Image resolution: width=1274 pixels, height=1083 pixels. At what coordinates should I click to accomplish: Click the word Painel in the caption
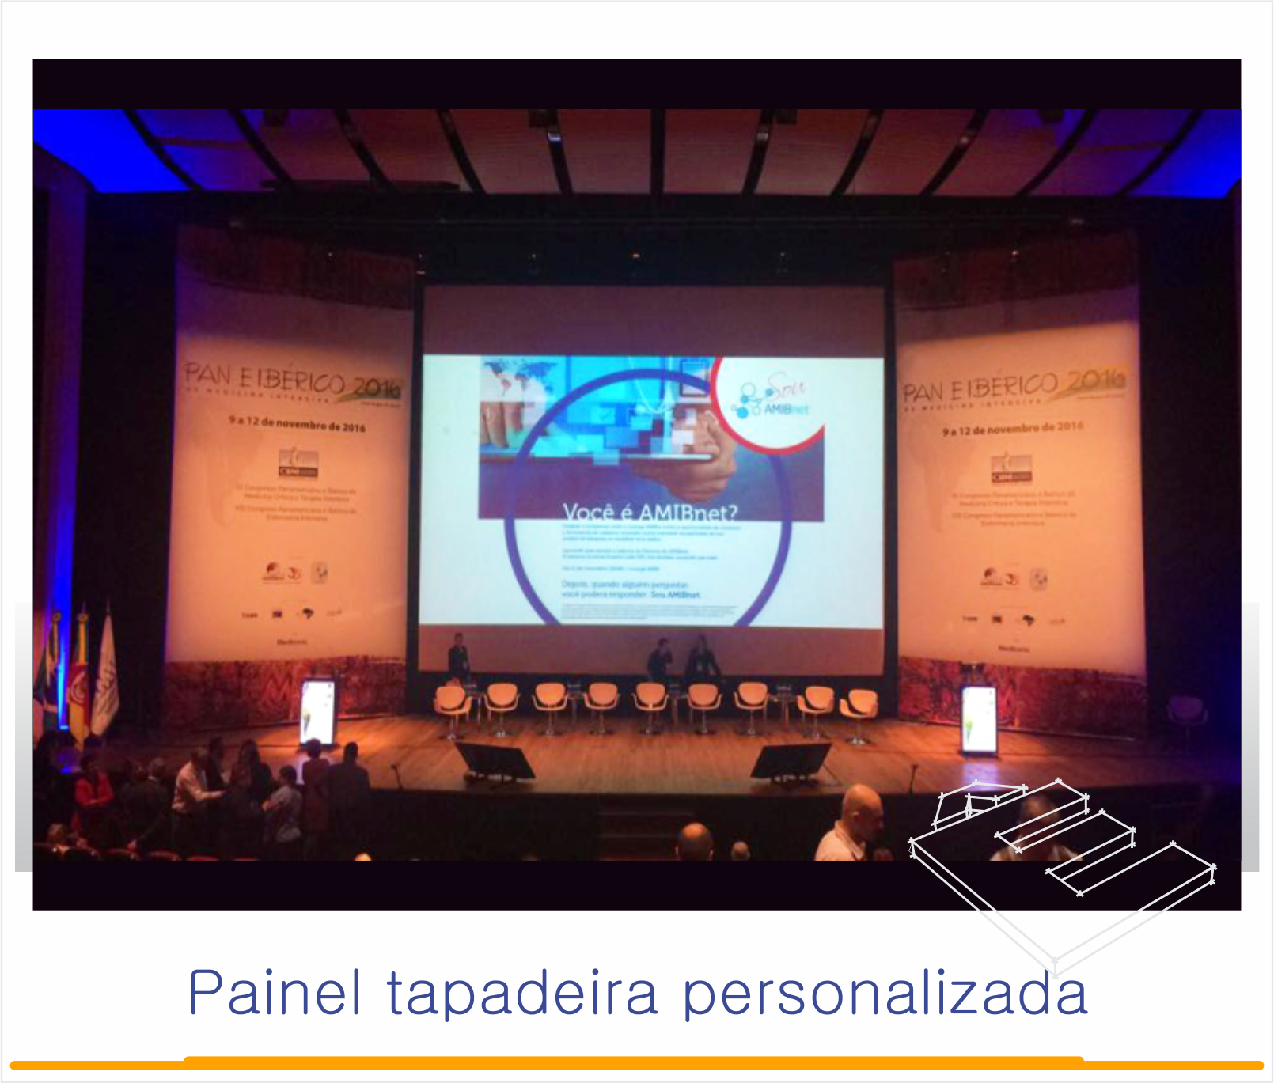point(275,993)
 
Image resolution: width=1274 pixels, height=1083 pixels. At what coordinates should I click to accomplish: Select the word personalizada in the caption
point(885,994)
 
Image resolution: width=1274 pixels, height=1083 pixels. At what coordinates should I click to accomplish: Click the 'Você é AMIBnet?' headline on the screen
point(650,512)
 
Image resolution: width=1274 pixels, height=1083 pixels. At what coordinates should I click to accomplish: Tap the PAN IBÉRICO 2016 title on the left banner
point(293,381)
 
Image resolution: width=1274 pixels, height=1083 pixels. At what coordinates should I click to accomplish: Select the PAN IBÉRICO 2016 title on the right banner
point(1014,385)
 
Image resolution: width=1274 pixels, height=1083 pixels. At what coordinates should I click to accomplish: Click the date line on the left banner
point(298,424)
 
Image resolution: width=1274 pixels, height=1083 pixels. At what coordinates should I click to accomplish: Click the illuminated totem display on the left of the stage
point(317,711)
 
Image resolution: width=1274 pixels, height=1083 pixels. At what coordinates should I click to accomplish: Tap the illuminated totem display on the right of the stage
point(979,718)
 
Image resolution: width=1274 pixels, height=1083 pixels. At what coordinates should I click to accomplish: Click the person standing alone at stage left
point(458,656)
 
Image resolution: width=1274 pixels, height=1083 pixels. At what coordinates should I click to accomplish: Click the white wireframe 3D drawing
point(1060,854)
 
